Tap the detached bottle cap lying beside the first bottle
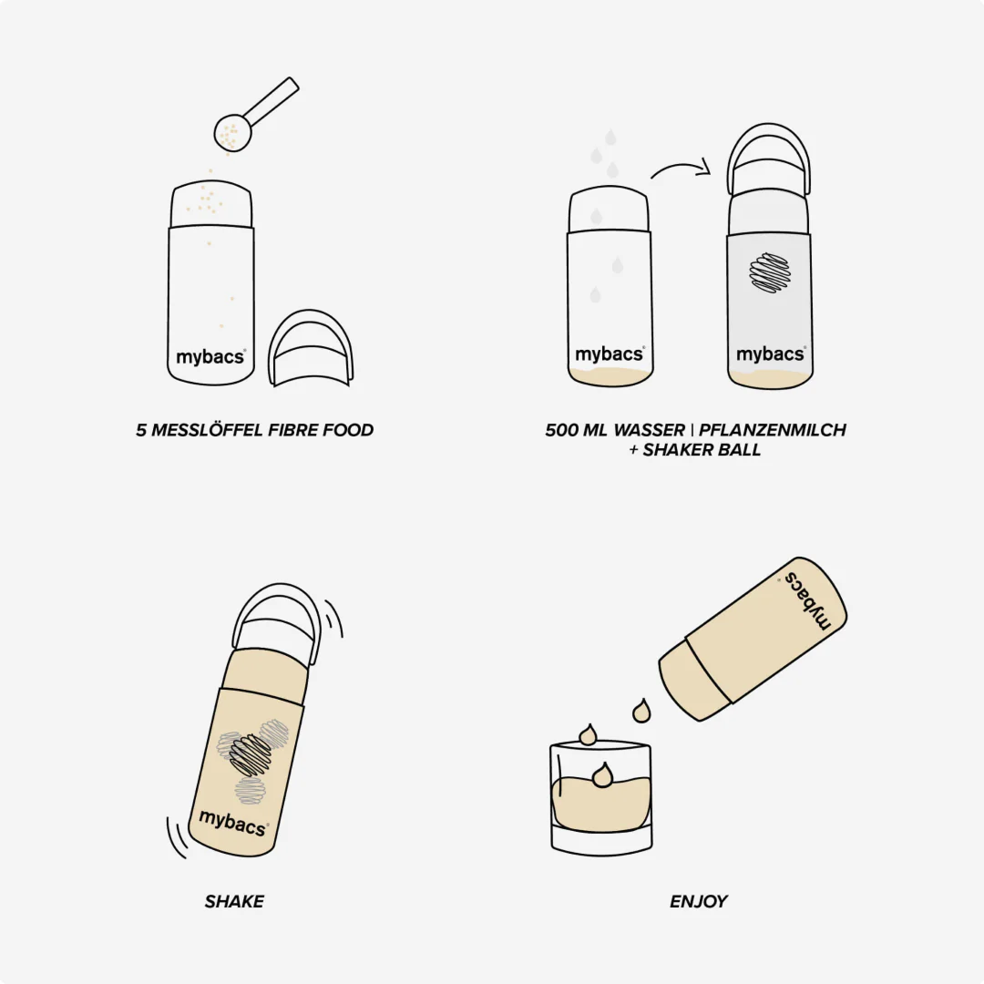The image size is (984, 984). pos(310,349)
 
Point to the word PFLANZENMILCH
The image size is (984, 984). pos(773,430)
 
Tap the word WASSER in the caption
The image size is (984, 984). pos(649,430)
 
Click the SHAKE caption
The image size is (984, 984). pos(234,901)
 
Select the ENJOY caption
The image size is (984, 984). pos(699,901)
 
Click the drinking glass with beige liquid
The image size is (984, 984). pos(601,797)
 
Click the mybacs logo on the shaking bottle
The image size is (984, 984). pos(233,822)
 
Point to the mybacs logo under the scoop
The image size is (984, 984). pos(210,357)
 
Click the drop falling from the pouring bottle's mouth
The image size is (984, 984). pos(641,711)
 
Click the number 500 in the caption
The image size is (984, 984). pos(561,430)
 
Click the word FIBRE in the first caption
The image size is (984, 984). pos(292,430)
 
